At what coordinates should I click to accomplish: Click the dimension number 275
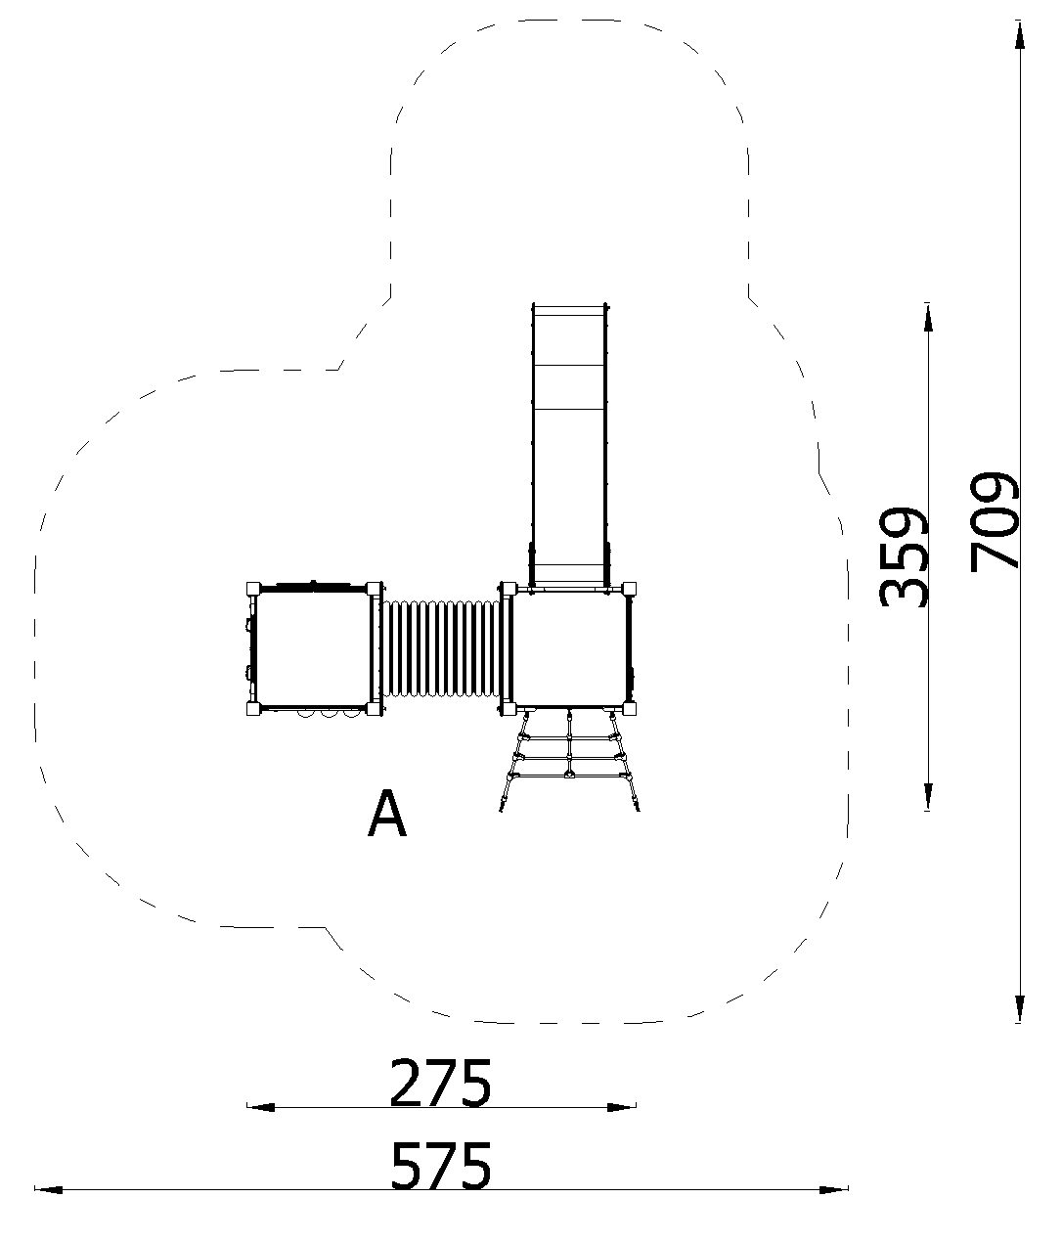(x=441, y=1083)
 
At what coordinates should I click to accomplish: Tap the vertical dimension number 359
(x=903, y=558)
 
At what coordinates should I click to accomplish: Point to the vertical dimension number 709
(x=995, y=521)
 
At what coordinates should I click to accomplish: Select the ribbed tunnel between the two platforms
(x=441, y=648)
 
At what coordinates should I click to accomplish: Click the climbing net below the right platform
(x=569, y=760)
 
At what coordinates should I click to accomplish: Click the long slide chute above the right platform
(x=569, y=445)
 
